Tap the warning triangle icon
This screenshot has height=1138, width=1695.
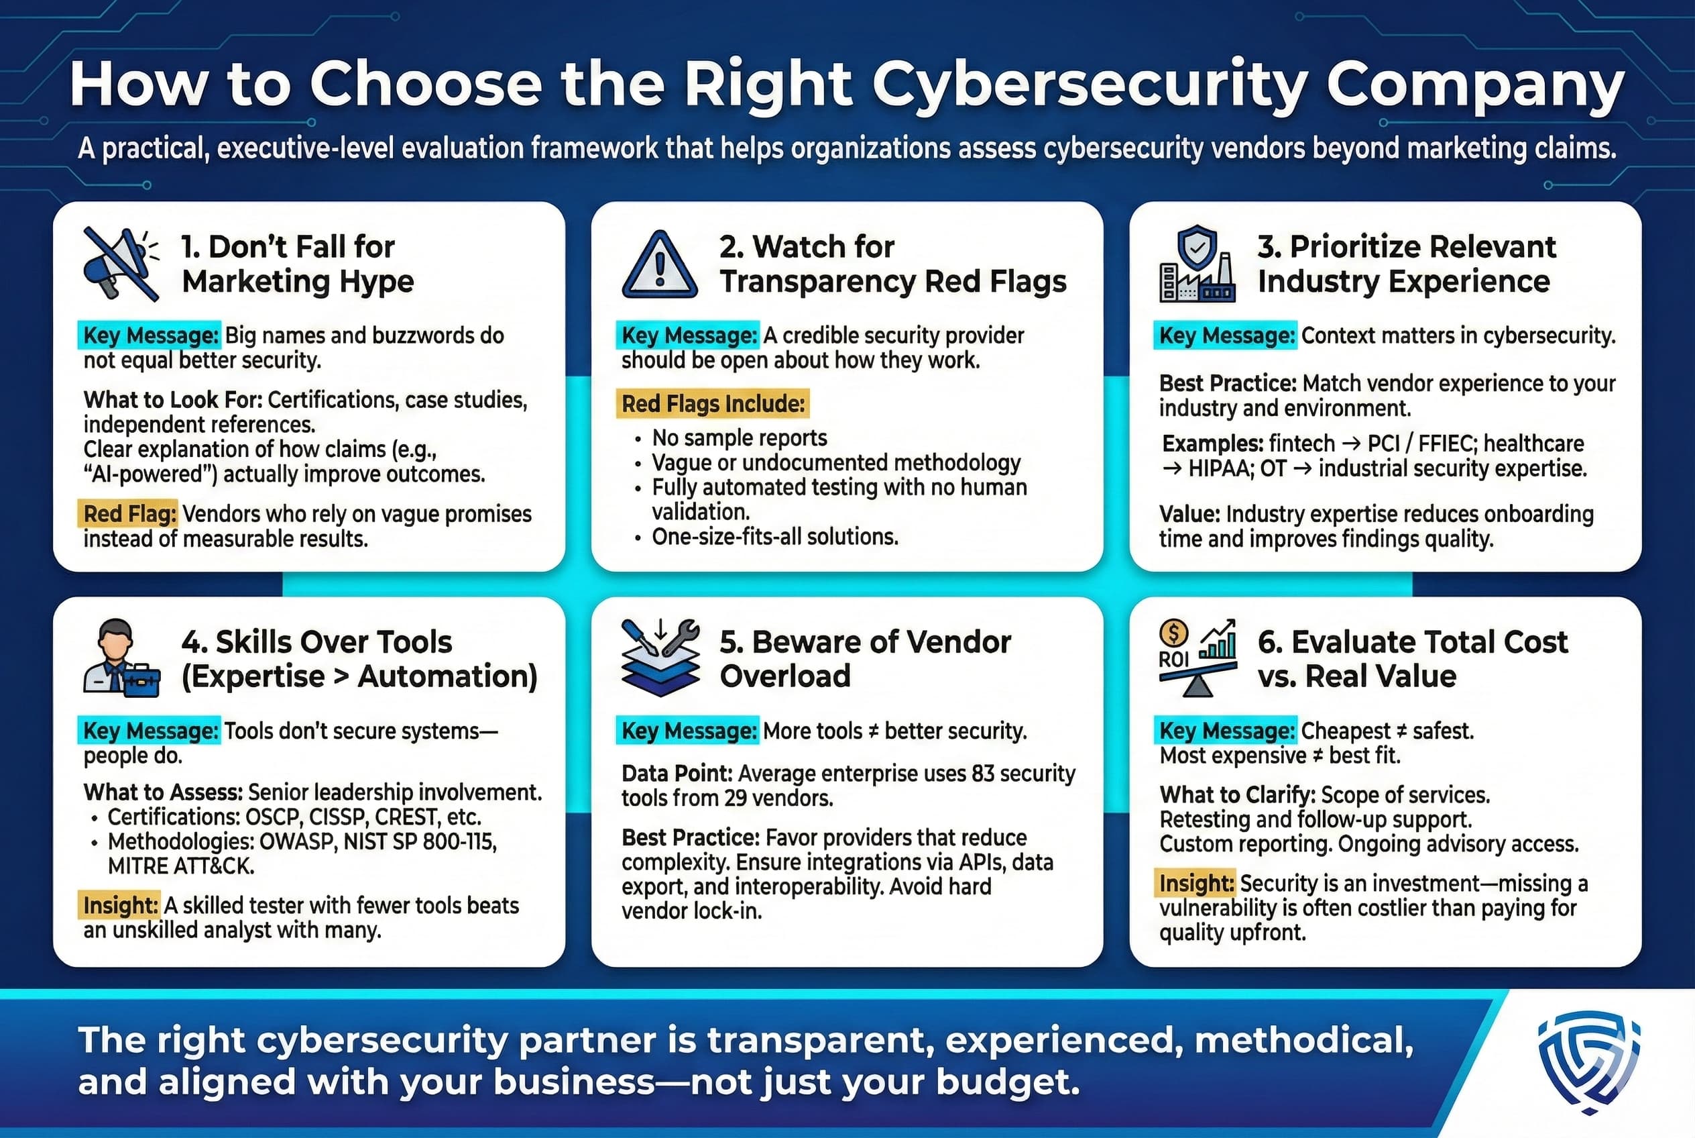click(x=659, y=266)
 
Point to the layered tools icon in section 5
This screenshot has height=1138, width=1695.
click(x=660, y=658)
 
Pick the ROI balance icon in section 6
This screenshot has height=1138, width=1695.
click(x=1197, y=658)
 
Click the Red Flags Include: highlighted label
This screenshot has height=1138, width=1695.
click(x=713, y=403)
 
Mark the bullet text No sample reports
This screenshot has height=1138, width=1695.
click(x=739, y=437)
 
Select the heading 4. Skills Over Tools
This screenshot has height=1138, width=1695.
click(x=316, y=642)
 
